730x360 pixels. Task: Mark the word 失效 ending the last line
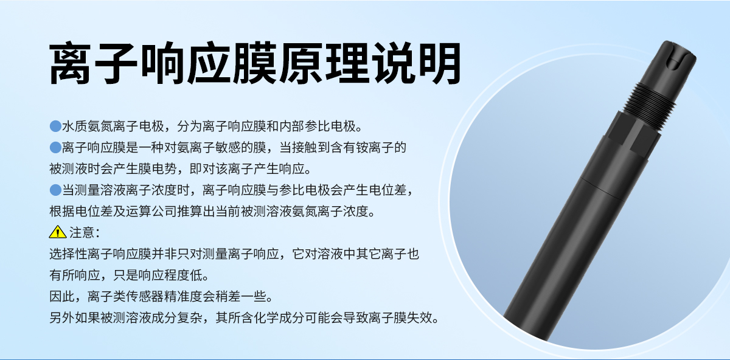tap(425, 317)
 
